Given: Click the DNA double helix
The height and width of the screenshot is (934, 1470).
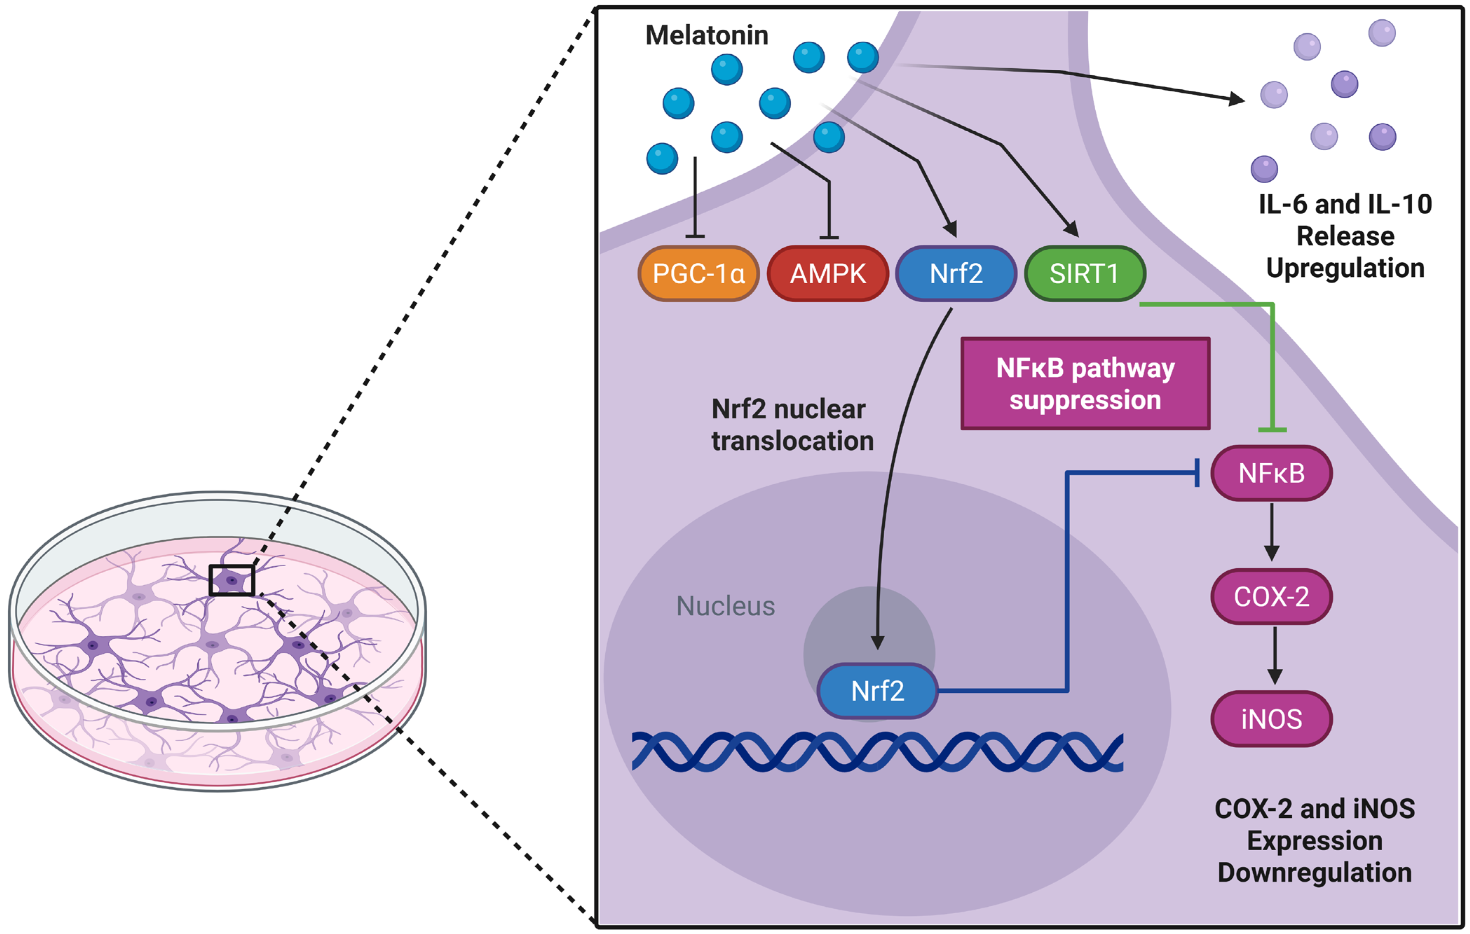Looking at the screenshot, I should click(877, 752).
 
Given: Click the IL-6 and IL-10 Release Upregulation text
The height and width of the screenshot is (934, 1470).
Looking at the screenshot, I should click(1345, 236).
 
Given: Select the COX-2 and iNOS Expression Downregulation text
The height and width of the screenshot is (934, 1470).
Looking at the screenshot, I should click(1314, 840).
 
